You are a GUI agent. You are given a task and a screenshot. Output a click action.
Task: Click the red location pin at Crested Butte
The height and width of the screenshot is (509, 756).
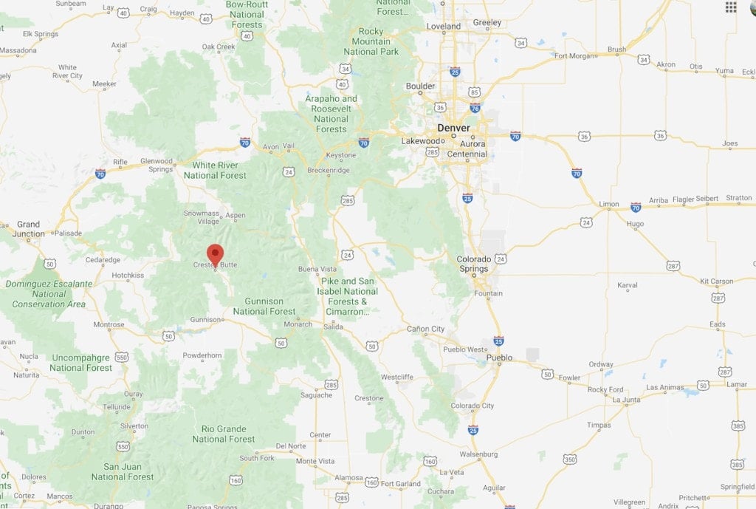215,253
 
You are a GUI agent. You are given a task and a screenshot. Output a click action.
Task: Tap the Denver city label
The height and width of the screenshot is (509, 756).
453,128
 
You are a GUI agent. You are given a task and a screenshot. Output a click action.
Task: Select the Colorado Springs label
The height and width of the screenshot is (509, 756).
473,264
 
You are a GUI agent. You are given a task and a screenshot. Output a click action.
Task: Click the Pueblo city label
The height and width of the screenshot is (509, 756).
500,358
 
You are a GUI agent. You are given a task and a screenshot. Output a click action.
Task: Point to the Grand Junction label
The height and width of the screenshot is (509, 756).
28,229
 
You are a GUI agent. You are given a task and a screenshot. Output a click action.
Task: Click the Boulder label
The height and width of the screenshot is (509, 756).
420,86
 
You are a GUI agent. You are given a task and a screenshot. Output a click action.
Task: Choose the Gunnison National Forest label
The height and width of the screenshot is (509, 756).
264,306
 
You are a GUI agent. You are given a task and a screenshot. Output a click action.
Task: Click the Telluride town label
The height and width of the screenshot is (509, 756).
117,406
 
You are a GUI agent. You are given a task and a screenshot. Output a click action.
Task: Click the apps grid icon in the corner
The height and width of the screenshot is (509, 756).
731,7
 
